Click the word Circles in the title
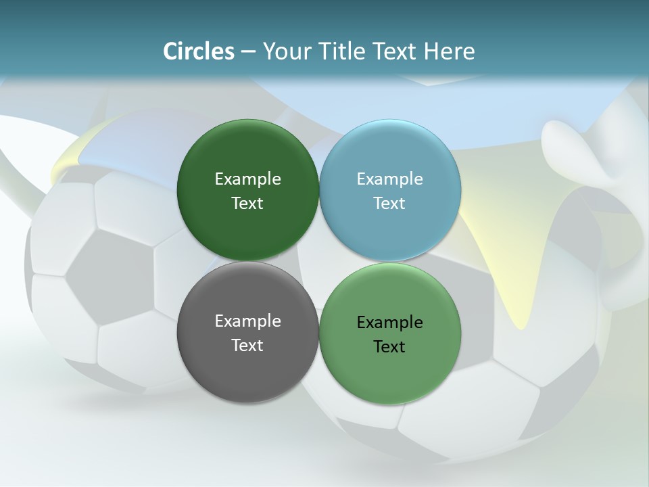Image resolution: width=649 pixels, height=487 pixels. (x=198, y=51)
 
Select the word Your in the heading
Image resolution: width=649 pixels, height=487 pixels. (x=286, y=51)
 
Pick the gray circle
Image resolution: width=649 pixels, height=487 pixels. (x=247, y=365)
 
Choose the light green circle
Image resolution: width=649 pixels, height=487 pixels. (x=390, y=369)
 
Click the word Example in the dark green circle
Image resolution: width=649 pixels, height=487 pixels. (x=247, y=179)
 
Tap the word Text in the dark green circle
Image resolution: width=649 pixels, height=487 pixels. (x=247, y=204)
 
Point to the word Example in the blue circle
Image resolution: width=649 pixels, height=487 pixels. (x=390, y=179)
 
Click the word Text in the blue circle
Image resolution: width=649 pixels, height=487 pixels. (x=390, y=204)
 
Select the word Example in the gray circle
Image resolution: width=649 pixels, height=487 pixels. (x=247, y=321)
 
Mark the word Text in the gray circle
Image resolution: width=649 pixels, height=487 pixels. (x=247, y=346)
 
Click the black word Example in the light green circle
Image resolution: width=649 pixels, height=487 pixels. (x=390, y=323)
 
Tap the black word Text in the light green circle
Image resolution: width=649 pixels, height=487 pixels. (x=390, y=347)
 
